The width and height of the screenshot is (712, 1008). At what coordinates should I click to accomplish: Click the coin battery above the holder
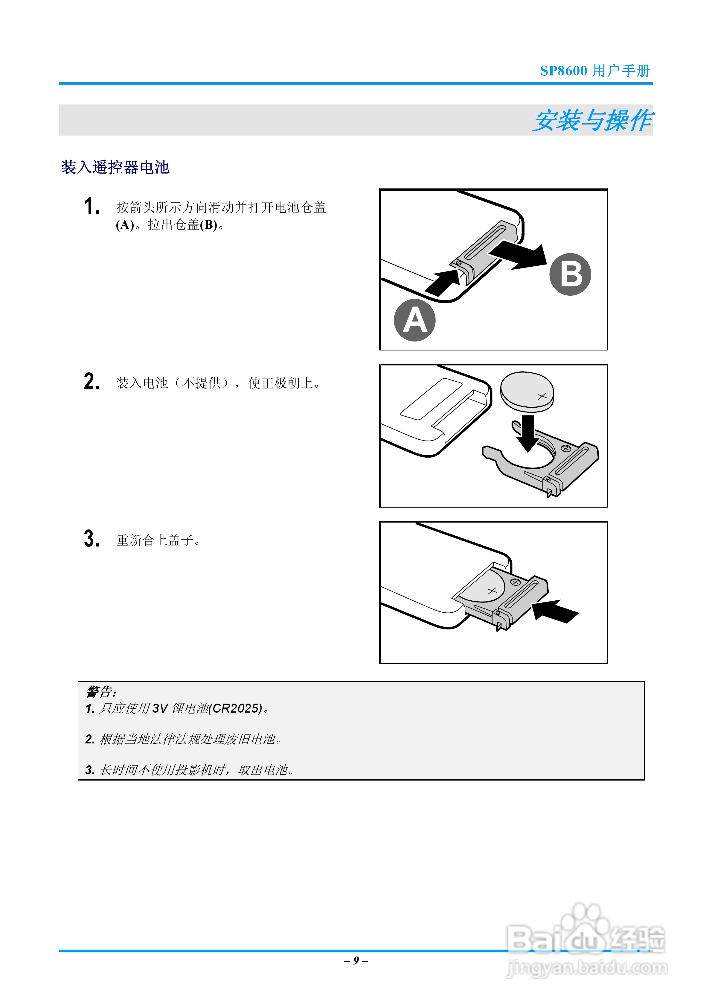527,391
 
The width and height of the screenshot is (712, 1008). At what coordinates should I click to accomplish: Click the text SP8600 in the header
563,71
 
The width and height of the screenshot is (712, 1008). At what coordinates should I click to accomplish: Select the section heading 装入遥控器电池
115,167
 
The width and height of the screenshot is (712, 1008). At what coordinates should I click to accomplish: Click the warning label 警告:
101,692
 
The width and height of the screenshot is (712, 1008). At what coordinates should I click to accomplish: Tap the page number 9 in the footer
356,961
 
